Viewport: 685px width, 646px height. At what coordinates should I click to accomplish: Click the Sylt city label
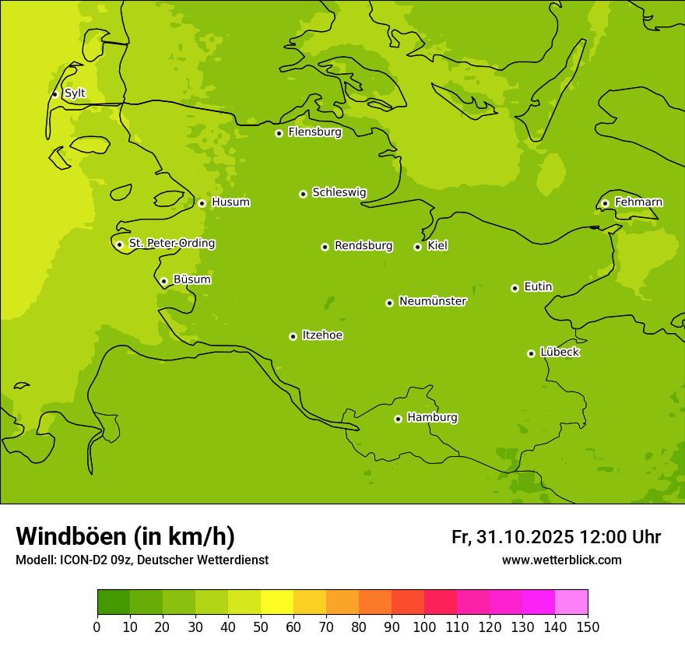tap(75, 93)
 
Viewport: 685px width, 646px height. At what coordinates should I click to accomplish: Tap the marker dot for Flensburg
tap(279, 133)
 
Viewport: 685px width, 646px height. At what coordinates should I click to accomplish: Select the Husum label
tap(230, 202)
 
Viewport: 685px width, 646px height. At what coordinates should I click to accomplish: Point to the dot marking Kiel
tap(417, 247)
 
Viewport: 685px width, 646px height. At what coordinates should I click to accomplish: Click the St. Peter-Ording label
tap(171, 244)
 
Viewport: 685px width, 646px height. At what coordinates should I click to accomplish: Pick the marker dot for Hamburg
tap(398, 419)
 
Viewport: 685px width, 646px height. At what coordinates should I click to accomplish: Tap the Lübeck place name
tap(559, 353)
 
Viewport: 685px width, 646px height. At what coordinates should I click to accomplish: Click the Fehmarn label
tap(638, 202)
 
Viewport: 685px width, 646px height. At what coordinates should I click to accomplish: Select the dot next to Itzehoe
tap(293, 336)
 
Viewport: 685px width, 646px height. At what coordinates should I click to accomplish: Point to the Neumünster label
tap(433, 301)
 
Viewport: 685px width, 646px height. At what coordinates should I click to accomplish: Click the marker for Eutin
tap(515, 288)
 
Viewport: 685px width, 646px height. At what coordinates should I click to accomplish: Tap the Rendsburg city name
tap(364, 246)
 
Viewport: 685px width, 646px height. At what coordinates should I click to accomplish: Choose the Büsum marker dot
tap(163, 281)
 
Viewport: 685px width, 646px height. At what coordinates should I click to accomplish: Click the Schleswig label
tap(339, 192)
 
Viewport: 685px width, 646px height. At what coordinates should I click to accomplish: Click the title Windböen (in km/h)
tap(125, 536)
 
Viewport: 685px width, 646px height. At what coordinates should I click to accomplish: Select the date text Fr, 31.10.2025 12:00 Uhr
tap(556, 537)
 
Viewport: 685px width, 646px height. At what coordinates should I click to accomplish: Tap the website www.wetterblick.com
tap(561, 560)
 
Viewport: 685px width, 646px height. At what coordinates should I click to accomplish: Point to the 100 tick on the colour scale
tap(424, 627)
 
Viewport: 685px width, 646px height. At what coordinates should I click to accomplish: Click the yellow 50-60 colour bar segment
tap(277, 602)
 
